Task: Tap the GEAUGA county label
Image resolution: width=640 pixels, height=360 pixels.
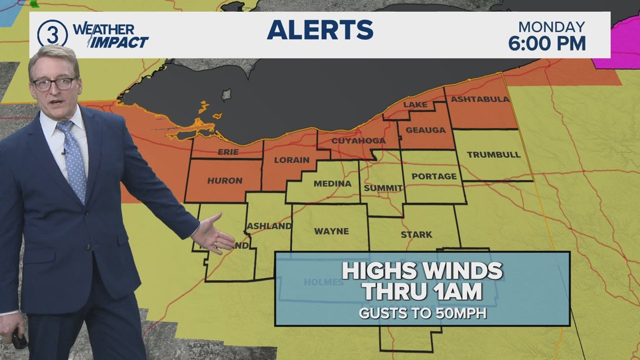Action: coord(425,130)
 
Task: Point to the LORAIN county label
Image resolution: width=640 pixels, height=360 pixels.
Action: coord(291,160)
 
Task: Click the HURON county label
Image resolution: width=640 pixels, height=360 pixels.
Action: coord(225,181)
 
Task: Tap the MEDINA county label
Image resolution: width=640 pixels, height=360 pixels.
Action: coord(332,184)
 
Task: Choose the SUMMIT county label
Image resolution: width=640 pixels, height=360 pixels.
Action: coord(383,188)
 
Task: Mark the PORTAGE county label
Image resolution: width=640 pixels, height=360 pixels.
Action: coord(434,176)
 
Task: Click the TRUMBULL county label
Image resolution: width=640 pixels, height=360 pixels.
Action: coord(493,154)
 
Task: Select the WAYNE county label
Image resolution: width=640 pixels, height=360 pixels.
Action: coord(331,231)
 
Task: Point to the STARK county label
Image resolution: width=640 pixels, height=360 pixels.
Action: coord(417,235)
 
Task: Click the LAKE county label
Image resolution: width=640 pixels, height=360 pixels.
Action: coord(415,104)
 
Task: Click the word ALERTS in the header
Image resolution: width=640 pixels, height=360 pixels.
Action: coord(320,30)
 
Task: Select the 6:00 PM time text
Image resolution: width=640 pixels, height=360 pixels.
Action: coord(547,43)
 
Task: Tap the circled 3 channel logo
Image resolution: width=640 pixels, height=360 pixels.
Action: coord(52,34)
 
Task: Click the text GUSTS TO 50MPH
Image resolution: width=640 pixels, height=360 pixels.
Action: coord(423,313)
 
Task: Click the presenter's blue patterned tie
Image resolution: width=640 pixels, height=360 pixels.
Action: coord(73,160)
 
